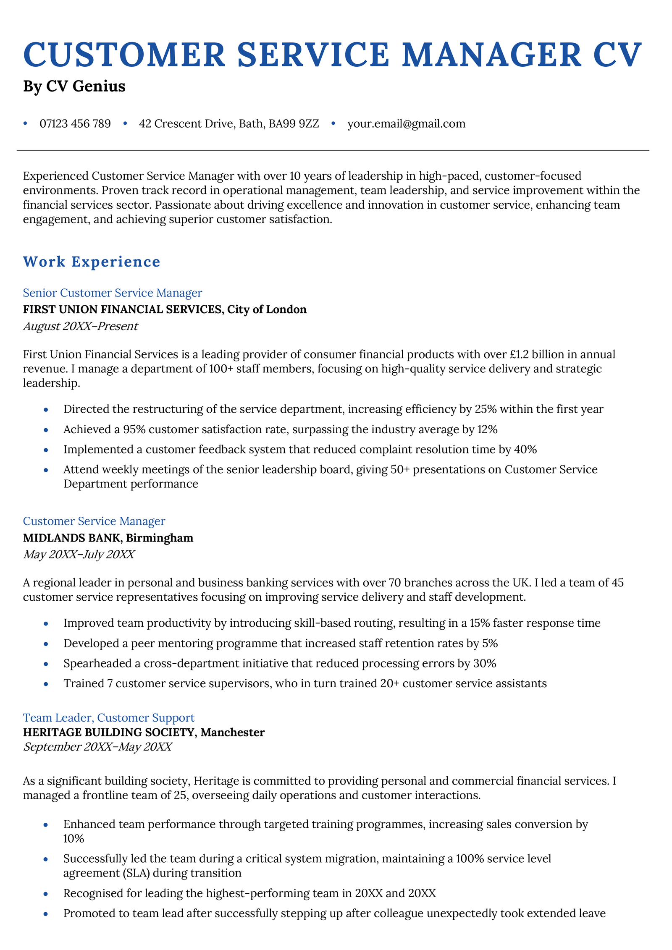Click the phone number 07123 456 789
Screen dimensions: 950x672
75,123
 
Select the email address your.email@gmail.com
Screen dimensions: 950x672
406,123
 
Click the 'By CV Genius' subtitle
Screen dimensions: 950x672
74,86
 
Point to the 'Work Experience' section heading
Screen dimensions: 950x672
92,262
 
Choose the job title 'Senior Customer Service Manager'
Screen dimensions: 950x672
113,293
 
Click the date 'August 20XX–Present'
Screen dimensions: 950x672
81,326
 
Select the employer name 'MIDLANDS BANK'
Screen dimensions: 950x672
71,538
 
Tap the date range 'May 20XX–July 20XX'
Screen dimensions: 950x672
79,555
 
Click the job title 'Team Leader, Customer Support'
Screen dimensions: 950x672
109,717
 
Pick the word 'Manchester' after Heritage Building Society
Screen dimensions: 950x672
233,732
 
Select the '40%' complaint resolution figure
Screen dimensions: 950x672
525,450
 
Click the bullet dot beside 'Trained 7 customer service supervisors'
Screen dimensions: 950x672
46,684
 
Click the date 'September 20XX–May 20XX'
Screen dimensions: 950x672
97,747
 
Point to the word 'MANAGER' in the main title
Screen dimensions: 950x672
492,55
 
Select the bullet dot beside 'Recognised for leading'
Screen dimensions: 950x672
46,893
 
